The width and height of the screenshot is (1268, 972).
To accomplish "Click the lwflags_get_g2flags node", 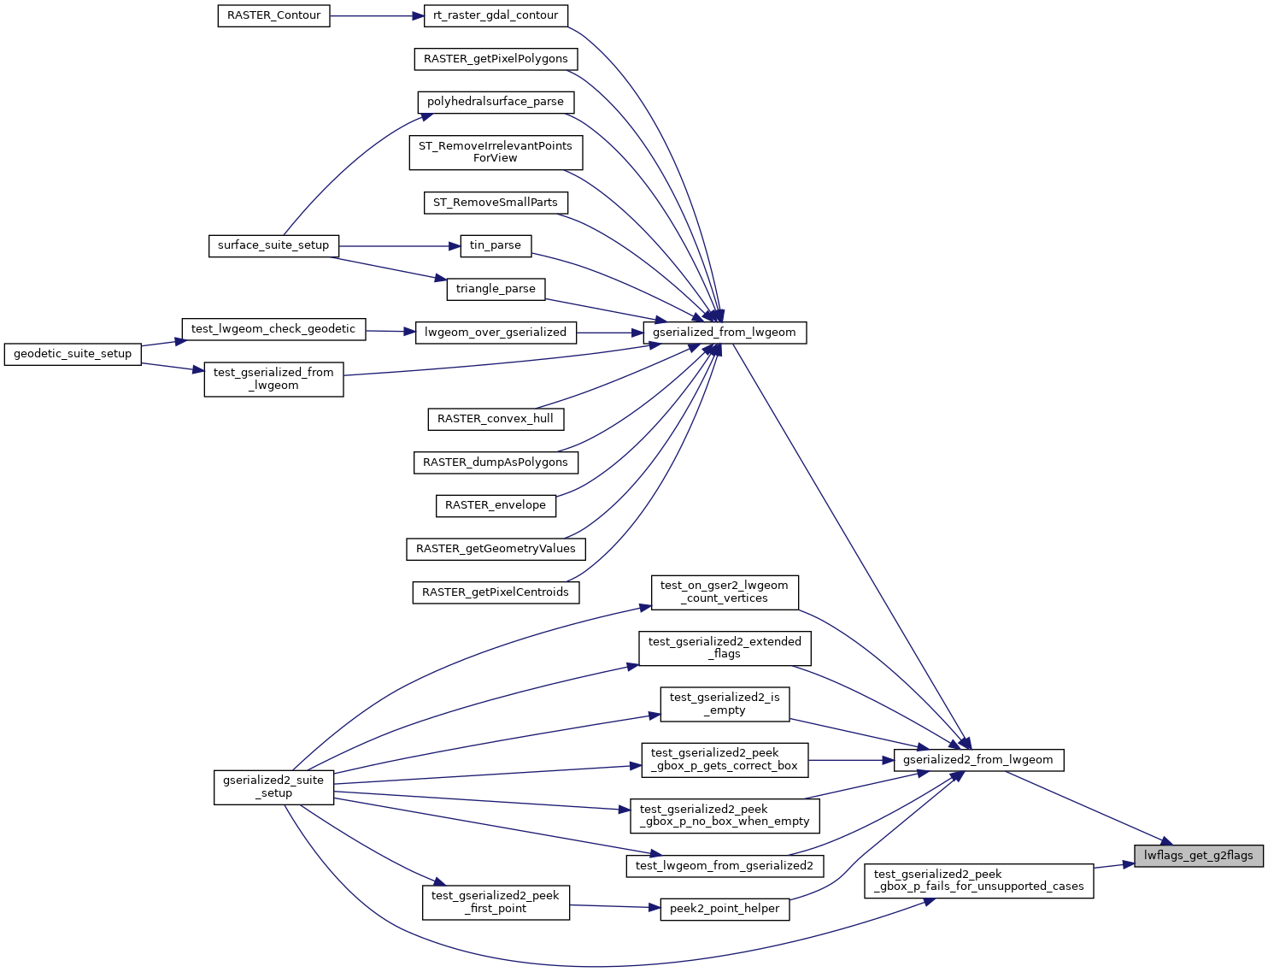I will point(1198,856).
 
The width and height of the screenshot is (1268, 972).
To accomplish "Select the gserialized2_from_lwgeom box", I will point(977,760).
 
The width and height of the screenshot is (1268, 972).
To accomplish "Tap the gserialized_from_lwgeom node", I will point(724,333).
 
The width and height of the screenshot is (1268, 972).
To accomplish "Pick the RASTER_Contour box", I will point(273,15).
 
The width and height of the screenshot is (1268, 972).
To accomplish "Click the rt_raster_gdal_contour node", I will point(496,15).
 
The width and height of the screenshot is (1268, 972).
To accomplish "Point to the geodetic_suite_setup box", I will point(73,354).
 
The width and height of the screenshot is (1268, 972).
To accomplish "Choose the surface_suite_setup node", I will point(273,245).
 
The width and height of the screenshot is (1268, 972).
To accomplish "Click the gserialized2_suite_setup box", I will point(273,786).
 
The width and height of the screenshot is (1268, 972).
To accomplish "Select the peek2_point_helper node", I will point(725,909).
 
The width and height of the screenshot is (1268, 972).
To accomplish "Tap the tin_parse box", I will point(496,245).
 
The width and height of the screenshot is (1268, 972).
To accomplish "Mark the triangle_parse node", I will point(496,289).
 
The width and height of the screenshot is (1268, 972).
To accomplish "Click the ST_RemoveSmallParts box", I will point(496,203).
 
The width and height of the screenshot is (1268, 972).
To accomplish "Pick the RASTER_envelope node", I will point(496,505).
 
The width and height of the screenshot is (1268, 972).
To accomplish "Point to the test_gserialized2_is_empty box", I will point(725,704).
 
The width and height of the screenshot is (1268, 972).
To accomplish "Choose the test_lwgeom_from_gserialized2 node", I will point(725,866).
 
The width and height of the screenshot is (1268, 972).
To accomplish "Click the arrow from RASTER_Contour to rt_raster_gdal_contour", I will point(377,15).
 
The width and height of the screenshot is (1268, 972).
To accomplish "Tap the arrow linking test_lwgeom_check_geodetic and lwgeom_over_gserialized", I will point(390,331).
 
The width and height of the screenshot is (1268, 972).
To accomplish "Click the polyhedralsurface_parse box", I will point(496,102).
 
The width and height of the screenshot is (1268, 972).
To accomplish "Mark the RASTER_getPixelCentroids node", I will point(496,592).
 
